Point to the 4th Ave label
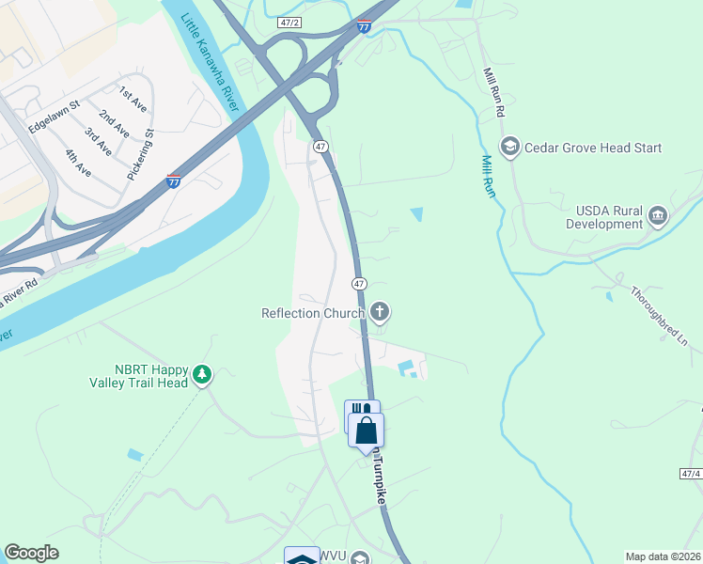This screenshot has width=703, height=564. point(77,163)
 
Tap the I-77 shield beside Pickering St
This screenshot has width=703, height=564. point(173,180)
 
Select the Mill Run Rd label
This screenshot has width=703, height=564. point(494,92)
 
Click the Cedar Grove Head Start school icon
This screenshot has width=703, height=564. point(510,147)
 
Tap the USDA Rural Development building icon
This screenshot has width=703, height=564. point(658,217)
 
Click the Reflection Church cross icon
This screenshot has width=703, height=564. point(379,311)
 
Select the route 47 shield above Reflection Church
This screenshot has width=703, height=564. point(358,283)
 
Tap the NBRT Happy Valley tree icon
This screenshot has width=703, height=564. point(201,375)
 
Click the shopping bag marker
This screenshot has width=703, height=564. point(367,431)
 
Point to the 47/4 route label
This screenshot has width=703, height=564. point(690,476)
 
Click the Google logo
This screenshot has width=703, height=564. point(31,553)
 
